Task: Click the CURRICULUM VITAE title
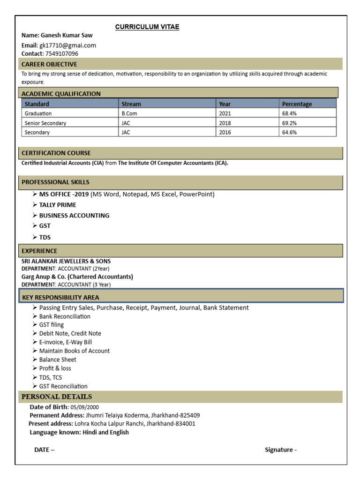pos(147,27)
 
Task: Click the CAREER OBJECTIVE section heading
pos(49,64)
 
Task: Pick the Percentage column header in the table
pos(297,104)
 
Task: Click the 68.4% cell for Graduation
pos(289,113)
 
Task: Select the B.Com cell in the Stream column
pos(128,113)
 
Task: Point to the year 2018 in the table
pos(225,123)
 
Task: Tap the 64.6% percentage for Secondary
pos(289,133)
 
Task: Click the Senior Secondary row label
pos(45,123)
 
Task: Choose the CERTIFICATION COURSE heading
pos(56,153)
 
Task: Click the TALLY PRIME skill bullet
pos(57,205)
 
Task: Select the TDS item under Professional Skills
pos(45,237)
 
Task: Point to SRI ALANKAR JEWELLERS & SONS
pos(66,261)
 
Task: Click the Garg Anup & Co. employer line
pos(77,277)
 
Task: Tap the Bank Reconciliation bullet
pos(65,316)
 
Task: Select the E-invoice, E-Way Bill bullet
pos(66,342)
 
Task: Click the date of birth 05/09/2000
pos(85,407)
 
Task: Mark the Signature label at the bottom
pos(280,450)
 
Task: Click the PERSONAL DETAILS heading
pos(57,397)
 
